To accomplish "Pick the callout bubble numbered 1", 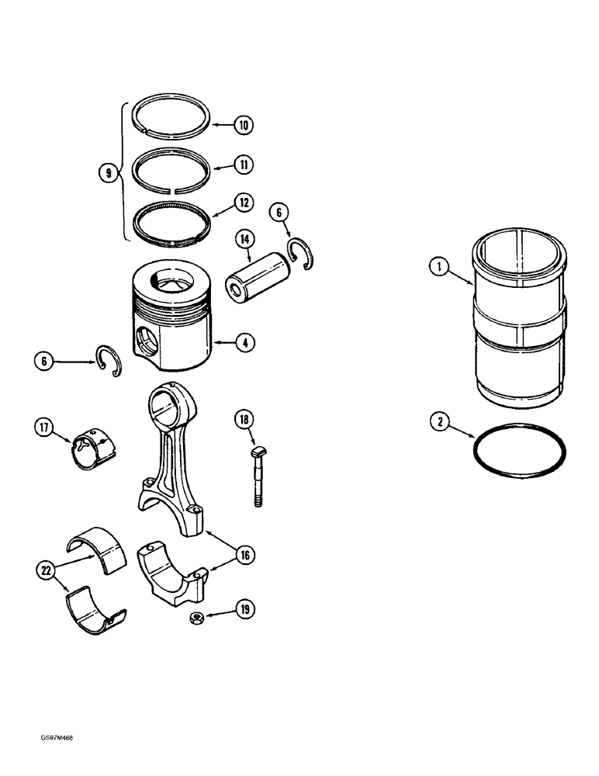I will tap(438, 269).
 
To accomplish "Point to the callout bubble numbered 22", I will tap(45, 570).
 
